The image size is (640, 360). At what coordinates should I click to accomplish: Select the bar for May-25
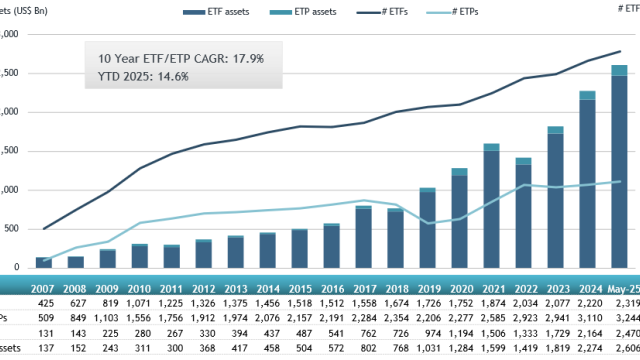(x=619, y=170)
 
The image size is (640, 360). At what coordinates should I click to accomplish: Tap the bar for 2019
(x=427, y=229)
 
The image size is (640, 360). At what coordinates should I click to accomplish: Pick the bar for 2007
(x=44, y=263)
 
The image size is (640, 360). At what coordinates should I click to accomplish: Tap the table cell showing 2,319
(x=622, y=301)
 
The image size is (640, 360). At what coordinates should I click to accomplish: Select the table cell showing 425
(x=44, y=301)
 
